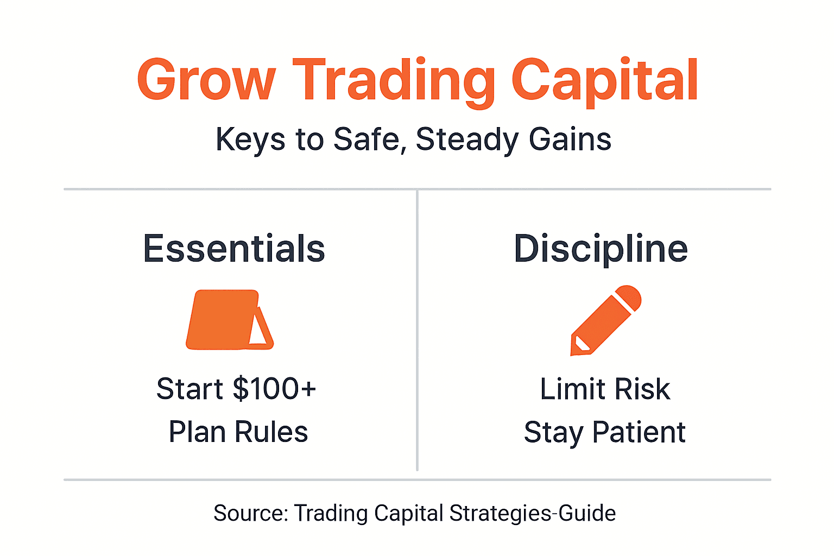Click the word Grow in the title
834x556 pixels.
point(206,80)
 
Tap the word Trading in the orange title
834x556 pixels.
point(394,81)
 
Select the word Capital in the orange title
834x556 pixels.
point(604,81)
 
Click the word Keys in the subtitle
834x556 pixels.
point(250,140)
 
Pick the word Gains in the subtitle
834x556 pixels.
point(570,139)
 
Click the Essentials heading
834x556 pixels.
point(234,249)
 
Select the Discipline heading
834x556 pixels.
point(601,249)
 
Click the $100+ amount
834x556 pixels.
point(274,389)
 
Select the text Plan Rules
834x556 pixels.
point(238,432)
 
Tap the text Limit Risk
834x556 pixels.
point(605,389)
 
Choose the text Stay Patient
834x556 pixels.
point(604,433)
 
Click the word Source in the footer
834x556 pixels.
point(250,514)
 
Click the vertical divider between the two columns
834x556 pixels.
point(417,331)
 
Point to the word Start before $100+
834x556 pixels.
point(190,389)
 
